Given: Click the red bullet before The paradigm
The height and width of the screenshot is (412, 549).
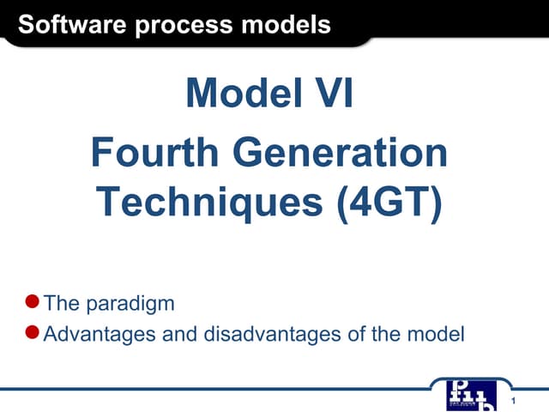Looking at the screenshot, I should click(x=33, y=301).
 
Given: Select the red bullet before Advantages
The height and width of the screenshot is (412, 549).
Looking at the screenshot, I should click(x=33, y=331).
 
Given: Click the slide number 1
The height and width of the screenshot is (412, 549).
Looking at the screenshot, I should click(x=512, y=403).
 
